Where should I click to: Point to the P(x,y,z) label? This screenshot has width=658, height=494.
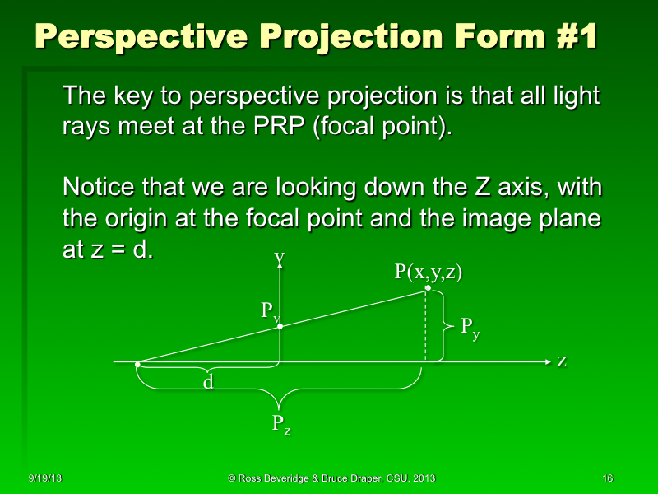point(428,273)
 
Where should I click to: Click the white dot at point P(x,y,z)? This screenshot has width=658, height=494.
point(428,288)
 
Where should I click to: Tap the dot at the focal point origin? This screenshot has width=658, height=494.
point(137,363)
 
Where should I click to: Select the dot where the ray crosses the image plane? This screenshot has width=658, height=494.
point(280,326)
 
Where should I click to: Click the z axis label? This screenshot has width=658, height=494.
point(562,361)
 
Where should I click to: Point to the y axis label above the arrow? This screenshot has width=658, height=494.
point(280,258)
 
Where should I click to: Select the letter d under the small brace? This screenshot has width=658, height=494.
point(209,382)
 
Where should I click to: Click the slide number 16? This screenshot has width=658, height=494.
point(608,478)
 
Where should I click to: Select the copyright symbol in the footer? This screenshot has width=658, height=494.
point(232,478)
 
